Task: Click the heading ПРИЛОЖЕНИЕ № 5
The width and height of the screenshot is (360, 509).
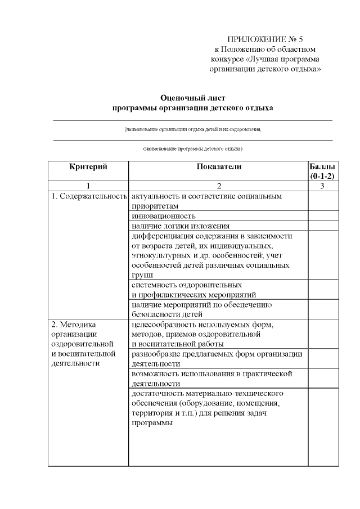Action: click(264, 39)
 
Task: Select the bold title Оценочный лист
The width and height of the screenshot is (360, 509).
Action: click(192, 97)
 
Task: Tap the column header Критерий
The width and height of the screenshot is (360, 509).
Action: click(88, 166)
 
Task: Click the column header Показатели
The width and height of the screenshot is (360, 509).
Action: click(219, 166)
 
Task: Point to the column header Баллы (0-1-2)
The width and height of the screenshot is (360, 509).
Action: click(323, 171)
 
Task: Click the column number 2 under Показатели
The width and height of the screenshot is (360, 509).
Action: click(219, 186)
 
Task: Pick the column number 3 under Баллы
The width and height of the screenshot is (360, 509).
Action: click(323, 186)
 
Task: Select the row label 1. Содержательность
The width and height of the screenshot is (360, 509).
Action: click(88, 197)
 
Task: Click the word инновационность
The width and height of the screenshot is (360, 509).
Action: click(164, 215)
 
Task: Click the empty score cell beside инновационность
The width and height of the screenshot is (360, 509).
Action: click(323, 215)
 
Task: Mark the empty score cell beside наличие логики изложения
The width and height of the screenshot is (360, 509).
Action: click(323, 226)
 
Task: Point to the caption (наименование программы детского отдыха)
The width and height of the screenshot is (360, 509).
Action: click(192, 149)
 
